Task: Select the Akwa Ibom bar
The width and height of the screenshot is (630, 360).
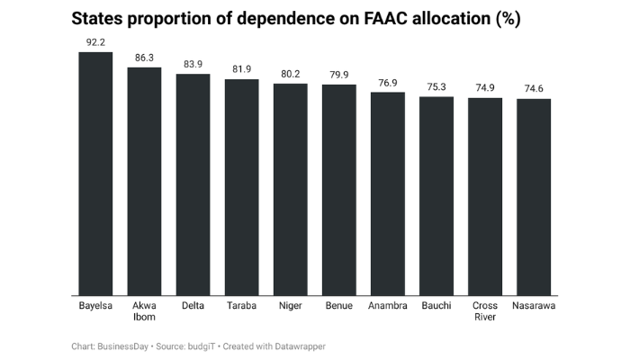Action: click(144, 181)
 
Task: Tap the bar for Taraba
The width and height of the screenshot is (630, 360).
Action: click(241, 187)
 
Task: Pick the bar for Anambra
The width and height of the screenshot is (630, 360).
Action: click(388, 193)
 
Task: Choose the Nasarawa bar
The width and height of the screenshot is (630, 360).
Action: click(534, 196)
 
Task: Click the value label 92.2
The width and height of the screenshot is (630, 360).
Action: click(95, 42)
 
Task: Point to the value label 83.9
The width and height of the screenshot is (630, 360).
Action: click(193, 65)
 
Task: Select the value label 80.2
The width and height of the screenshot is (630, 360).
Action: click(290, 74)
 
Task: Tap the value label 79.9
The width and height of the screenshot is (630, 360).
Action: click(339, 75)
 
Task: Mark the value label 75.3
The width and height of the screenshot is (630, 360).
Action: click(436, 87)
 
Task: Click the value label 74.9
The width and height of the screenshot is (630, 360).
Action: click(485, 88)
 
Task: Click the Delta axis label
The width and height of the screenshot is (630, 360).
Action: click(193, 306)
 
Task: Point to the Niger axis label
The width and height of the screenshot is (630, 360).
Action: click(290, 306)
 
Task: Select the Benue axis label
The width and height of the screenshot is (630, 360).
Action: click(339, 306)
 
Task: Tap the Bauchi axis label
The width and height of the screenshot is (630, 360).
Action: click(436, 306)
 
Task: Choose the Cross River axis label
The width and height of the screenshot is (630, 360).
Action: click(485, 311)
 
